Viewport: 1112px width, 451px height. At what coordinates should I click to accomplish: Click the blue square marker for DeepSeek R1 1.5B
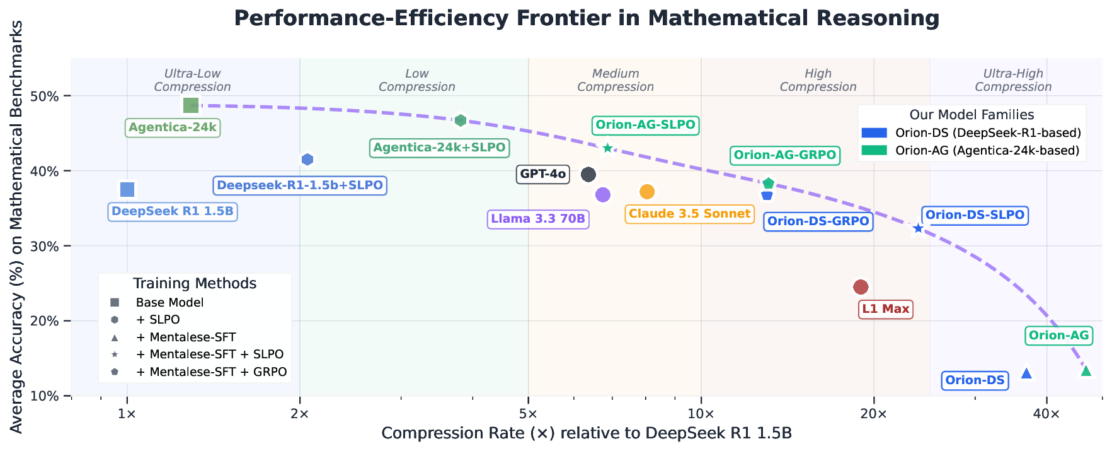pyautogui.click(x=127, y=189)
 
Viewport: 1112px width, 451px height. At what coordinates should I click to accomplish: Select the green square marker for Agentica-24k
pyautogui.click(x=191, y=105)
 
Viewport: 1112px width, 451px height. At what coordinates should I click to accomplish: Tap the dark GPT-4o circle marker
pyautogui.click(x=588, y=174)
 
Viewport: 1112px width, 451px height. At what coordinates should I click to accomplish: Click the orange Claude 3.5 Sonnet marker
pyautogui.click(x=647, y=192)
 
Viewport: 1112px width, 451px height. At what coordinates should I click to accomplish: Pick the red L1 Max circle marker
pyautogui.click(x=861, y=287)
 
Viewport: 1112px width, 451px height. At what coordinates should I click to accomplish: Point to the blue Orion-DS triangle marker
pyautogui.click(x=1026, y=373)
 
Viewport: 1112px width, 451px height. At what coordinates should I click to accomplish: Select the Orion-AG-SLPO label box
pyautogui.click(x=645, y=125)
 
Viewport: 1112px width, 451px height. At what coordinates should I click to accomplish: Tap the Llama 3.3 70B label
pyautogui.click(x=538, y=220)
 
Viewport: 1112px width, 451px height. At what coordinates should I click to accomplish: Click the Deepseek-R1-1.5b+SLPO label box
pyautogui.click(x=300, y=185)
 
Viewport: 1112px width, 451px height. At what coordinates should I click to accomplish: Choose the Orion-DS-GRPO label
pyautogui.click(x=818, y=221)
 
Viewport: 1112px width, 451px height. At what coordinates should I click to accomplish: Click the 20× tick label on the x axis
pyautogui.click(x=873, y=414)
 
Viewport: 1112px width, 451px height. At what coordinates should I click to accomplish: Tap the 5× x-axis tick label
pyautogui.click(x=528, y=414)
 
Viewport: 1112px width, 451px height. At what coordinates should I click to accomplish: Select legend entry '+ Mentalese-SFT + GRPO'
pyautogui.click(x=211, y=372)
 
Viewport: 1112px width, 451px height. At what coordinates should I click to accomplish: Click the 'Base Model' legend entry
pyautogui.click(x=169, y=303)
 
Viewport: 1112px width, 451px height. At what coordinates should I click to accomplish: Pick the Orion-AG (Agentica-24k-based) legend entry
pyautogui.click(x=987, y=151)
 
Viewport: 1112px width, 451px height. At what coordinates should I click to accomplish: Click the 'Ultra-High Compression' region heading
pyautogui.click(x=1013, y=80)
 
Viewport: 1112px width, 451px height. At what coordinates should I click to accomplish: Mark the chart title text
pyautogui.click(x=587, y=18)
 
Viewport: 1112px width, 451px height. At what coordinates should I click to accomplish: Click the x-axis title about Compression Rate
pyautogui.click(x=587, y=434)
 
